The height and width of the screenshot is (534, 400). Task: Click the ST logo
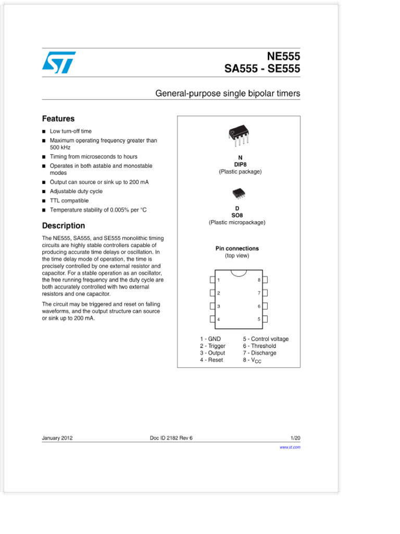pyautogui.click(x=59, y=62)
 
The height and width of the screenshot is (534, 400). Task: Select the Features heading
pyautogui.click(x=58, y=119)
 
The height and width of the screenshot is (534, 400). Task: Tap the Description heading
pyautogui.click(x=63, y=226)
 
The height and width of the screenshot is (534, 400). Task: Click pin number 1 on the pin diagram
pyautogui.click(x=219, y=280)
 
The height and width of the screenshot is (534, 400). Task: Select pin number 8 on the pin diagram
pyautogui.click(x=258, y=280)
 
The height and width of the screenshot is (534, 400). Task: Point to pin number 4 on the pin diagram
pyautogui.click(x=219, y=319)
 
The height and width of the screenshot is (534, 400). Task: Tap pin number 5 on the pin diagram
pyautogui.click(x=258, y=319)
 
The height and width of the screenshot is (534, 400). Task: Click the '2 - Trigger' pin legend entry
pyautogui.click(x=213, y=346)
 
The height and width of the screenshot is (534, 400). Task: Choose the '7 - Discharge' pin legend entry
pyautogui.click(x=259, y=353)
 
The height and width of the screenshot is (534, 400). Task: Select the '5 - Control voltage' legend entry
pyautogui.click(x=266, y=339)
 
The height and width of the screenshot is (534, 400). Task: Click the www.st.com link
pyautogui.click(x=290, y=447)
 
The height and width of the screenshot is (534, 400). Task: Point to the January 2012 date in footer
pyautogui.click(x=57, y=438)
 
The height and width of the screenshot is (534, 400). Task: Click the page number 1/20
pyautogui.click(x=295, y=438)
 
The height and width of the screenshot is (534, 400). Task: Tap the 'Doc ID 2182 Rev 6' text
pyautogui.click(x=171, y=438)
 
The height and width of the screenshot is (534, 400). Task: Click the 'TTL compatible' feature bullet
pyautogui.click(x=69, y=201)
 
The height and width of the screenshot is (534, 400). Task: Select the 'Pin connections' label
pyautogui.click(x=237, y=249)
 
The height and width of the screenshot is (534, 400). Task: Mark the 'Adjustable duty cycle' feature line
pyautogui.click(x=76, y=191)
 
